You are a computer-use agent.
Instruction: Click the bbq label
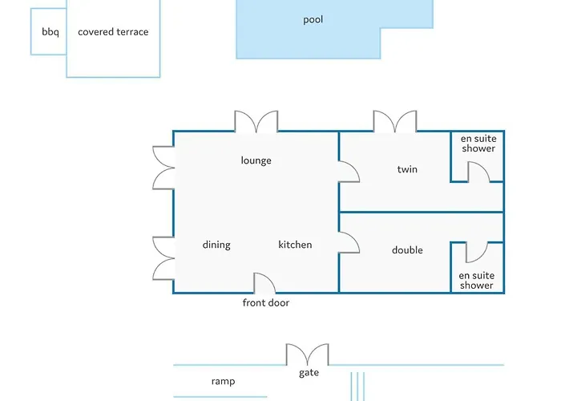pyautogui.click(x=50, y=33)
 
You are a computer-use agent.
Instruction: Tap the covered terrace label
pyautogui.click(x=113, y=33)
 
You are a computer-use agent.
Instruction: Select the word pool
pyautogui.click(x=313, y=20)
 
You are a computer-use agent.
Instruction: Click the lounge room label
pyautogui.click(x=256, y=160)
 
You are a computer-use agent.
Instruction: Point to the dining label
pyautogui.click(x=216, y=245)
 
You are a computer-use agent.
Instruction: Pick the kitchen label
pyautogui.click(x=295, y=245)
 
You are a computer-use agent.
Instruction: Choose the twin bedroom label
pyautogui.click(x=407, y=170)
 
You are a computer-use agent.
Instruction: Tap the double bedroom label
pyautogui.click(x=407, y=250)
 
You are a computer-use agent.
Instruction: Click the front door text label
pyautogui.click(x=266, y=303)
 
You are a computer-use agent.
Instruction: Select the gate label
pyautogui.click(x=309, y=373)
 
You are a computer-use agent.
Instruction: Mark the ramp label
pyautogui.click(x=223, y=382)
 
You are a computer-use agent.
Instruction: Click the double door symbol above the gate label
pyautogui.click(x=308, y=354)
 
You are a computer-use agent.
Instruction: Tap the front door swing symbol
pyautogui.click(x=264, y=283)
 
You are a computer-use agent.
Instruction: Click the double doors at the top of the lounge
pyautogui.click(x=256, y=122)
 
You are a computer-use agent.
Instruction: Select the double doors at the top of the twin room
pyautogui.click(x=395, y=122)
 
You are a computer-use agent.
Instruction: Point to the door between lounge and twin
pyautogui.click(x=349, y=171)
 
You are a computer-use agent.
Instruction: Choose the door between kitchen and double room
pyautogui.click(x=349, y=243)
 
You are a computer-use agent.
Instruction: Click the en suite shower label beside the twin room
pyautogui.click(x=478, y=144)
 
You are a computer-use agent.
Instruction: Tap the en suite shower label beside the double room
pyautogui.click(x=477, y=281)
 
